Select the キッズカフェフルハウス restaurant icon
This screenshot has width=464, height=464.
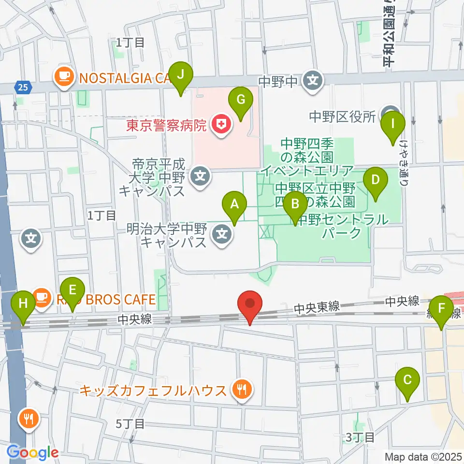click(241, 390)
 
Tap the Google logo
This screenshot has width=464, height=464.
click(32, 452)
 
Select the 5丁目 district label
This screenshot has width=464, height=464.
click(130, 424)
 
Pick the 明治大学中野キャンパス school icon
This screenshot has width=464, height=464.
click(222, 235)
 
